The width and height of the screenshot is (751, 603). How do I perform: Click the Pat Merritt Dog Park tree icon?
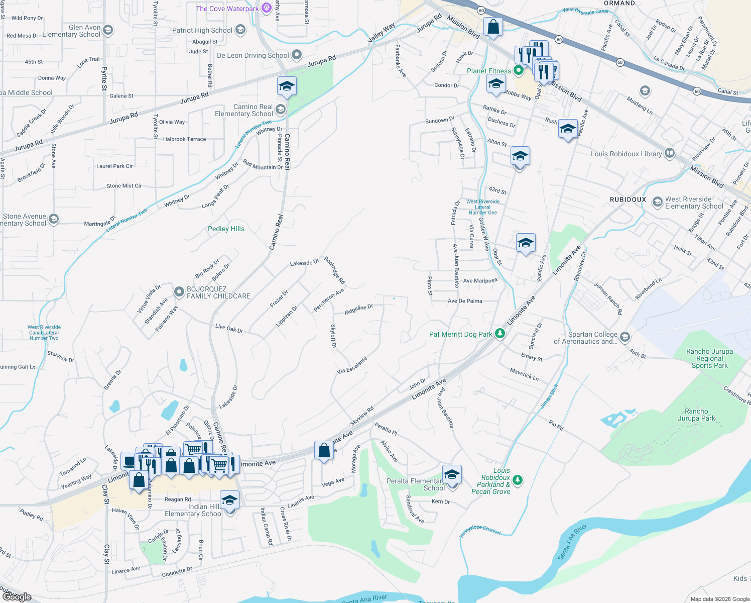[499, 334]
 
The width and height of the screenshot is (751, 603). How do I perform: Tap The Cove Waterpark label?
[227, 9]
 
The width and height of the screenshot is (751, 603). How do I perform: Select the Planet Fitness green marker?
[518, 71]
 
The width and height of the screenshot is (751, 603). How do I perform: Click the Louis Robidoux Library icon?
[669, 154]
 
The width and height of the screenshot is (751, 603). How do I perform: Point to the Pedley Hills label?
[226, 229]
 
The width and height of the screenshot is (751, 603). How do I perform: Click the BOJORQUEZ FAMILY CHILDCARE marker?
[179, 292]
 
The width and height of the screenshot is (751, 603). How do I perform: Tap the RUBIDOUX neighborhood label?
[628, 199]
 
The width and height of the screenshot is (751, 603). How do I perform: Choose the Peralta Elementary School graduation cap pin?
[452, 474]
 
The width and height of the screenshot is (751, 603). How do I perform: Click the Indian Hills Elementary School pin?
[229, 500]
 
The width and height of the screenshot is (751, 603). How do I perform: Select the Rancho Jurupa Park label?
[696, 415]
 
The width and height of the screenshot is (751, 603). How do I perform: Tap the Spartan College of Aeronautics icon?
[624, 337]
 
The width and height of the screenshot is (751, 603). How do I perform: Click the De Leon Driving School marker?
[297, 55]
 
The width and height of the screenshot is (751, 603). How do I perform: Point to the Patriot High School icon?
[240, 30]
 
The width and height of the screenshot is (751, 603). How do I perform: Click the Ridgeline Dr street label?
[358, 310]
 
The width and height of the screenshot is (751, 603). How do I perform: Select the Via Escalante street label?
[352, 365]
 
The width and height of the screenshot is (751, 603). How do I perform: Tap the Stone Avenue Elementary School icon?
[54, 219]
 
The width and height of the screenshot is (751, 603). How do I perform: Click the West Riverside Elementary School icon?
[657, 202]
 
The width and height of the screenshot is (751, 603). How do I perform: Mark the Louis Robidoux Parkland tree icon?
[518, 480]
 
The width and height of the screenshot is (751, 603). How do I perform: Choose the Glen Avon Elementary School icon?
[108, 31]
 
